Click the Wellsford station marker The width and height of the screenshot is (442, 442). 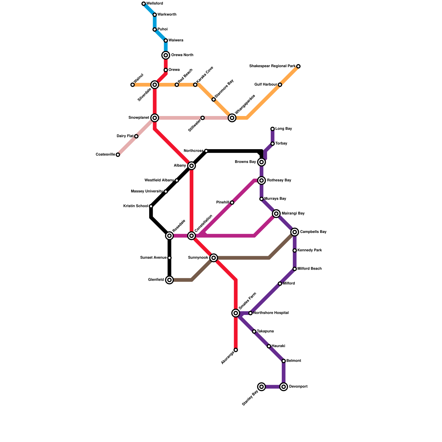pos(144,4)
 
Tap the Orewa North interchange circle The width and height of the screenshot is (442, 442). pos(166,55)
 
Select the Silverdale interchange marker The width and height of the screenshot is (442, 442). pos(155,85)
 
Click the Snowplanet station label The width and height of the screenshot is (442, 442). pos(139,118)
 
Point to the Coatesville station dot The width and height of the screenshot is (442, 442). pos(118,155)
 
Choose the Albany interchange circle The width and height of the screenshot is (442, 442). pos(191,166)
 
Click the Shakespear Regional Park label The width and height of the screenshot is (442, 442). pos(272,66)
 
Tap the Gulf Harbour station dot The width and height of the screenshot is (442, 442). pos(280,85)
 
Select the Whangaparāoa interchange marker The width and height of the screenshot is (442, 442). pos(232,118)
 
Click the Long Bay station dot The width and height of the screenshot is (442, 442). pos(273,129)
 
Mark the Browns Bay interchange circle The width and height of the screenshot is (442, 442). pos(262,162)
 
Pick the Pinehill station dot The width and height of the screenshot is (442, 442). pos(232,203)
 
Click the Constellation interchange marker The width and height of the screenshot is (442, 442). pos(191,236)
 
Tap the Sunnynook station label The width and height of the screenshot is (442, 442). pos(198,258)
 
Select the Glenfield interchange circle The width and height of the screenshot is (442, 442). pos(169,280)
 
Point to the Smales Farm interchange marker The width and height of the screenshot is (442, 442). pos(236,313)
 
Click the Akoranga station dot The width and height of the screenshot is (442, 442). pos(236,350)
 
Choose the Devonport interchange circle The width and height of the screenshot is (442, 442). pos(284,387)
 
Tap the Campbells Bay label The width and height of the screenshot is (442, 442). pos(313,232)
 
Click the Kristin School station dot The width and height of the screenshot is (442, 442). pos(151,206)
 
